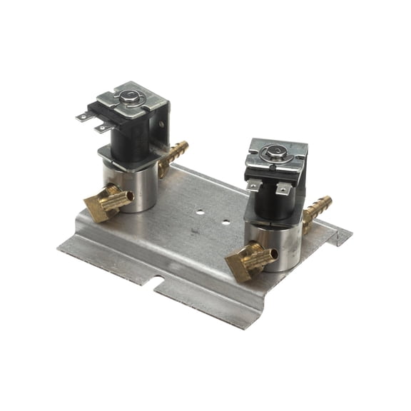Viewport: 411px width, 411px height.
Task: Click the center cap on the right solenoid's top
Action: point(275,151)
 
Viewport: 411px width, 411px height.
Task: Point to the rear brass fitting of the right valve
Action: point(318,209)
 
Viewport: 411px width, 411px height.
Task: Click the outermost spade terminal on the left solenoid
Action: point(84,116)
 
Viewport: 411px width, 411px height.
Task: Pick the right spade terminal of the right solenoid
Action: point(283,189)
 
